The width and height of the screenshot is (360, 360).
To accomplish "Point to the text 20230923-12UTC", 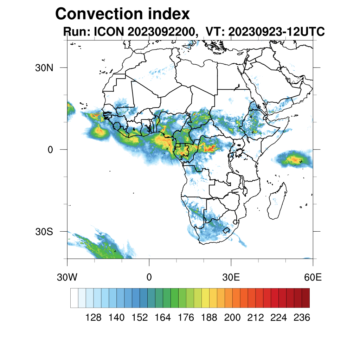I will [276, 32].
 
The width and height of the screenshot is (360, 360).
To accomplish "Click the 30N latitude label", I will [44, 67].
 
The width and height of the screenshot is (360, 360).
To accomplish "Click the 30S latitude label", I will [44, 232].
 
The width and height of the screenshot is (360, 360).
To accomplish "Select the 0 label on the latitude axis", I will [50, 149].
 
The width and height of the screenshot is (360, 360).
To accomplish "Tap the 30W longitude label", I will [67, 277].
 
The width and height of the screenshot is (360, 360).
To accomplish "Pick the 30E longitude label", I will [231, 277].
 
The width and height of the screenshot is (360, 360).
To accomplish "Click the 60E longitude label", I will [313, 277].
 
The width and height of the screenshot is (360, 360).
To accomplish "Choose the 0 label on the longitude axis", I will [149, 277].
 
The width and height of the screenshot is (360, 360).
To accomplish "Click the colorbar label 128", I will [94, 317].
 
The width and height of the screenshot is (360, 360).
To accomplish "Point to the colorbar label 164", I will [163, 317].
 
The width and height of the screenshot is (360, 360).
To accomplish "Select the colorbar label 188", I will [209, 317].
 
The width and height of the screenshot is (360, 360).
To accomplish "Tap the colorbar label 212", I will [255, 317].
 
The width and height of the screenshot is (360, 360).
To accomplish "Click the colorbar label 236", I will [302, 317].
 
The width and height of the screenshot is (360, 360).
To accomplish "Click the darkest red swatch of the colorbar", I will [306, 298].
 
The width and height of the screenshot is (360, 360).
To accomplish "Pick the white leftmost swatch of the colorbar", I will [74, 298].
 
